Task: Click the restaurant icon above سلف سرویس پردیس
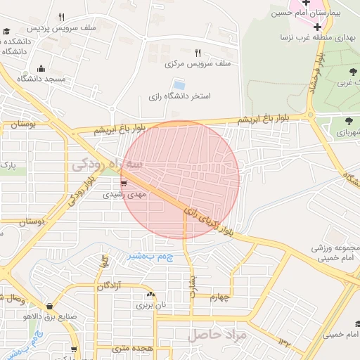pyautogui.click(x=62, y=18)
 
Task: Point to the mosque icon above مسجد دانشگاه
pyautogui.click(x=41, y=69)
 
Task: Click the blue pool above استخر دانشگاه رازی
pyautogui.click(x=179, y=85)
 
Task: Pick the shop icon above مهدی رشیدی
pyautogui.click(x=124, y=183)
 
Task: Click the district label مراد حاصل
pyautogui.click(x=215, y=335)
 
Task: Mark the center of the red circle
pyautogui.click(x=180, y=180)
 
